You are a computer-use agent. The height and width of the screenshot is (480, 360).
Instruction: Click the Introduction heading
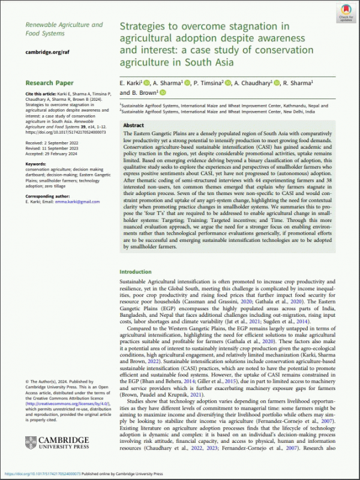135,271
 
